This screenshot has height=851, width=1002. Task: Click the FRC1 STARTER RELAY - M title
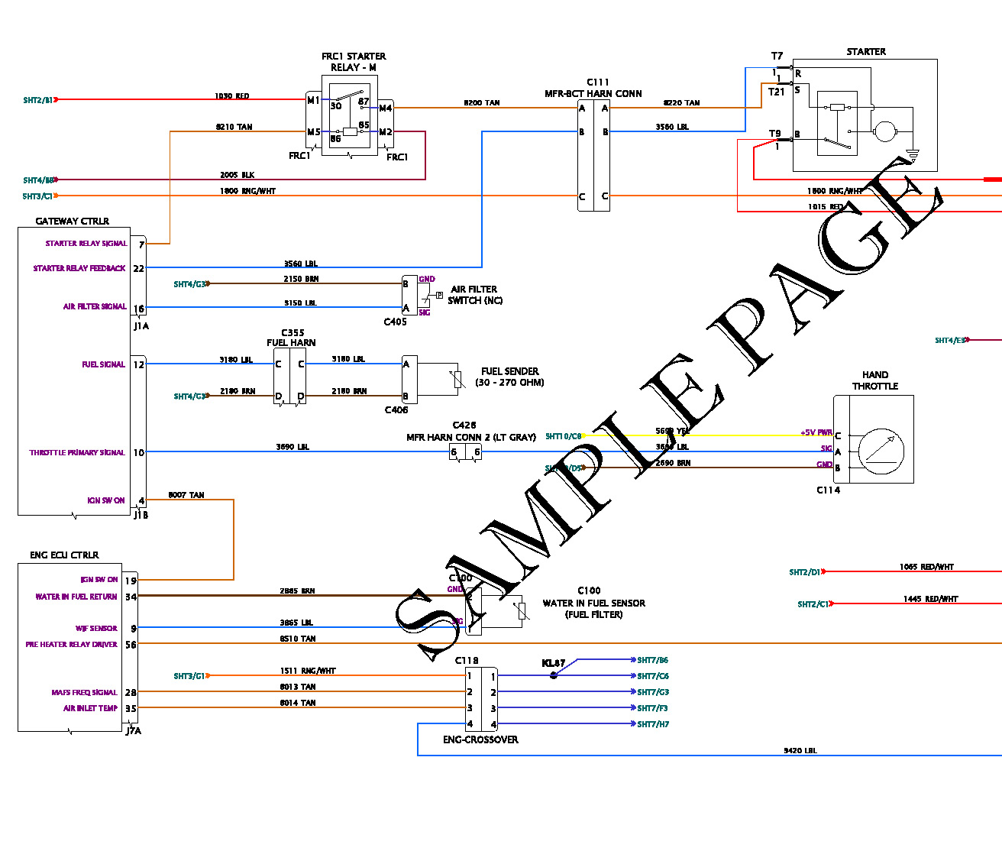click(x=354, y=62)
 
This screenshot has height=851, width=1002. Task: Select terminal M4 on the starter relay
click(x=386, y=108)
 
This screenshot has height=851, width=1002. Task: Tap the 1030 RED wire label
click(x=231, y=96)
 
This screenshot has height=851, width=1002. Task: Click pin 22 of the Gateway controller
click(x=139, y=268)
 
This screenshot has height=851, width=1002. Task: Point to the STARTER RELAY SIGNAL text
click(x=86, y=244)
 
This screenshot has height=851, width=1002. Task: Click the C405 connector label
click(x=395, y=322)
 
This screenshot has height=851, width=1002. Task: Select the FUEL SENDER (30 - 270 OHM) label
click(x=509, y=377)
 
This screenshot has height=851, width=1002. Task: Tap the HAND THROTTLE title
click(x=875, y=380)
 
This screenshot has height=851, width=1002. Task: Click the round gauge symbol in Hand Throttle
click(x=881, y=448)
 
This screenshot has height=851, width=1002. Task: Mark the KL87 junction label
click(x=554, y=663)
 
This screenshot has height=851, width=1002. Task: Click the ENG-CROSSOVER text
click(x=480, y=739)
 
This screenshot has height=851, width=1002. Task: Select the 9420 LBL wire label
click(x=800, y=751)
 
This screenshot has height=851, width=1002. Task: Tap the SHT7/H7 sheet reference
click(x=653, y=724)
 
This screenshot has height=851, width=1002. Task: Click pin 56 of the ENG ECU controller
click(x=131, y=645)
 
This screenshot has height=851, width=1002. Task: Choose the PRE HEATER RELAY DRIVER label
click(x=72, y=645)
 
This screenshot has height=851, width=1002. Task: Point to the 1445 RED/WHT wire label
click(x=930, y=599)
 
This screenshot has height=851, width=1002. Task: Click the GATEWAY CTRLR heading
click(x=73, y=222)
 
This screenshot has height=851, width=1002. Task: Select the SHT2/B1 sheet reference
click(x=38, y=100)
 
